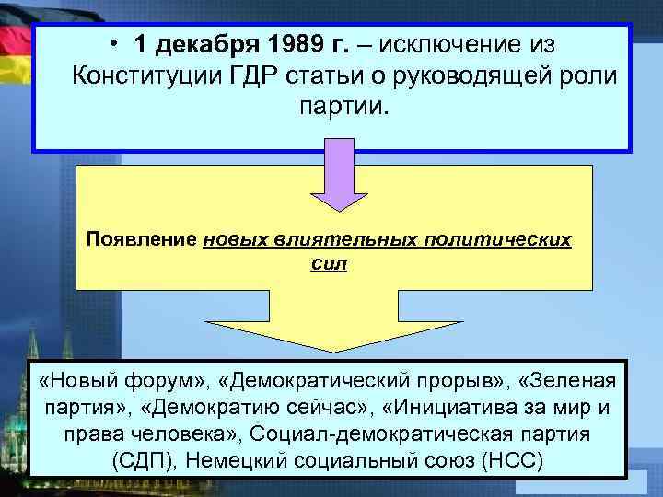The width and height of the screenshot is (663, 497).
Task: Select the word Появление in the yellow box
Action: click(141, 239)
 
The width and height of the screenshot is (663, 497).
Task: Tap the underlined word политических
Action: click(498, 239)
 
